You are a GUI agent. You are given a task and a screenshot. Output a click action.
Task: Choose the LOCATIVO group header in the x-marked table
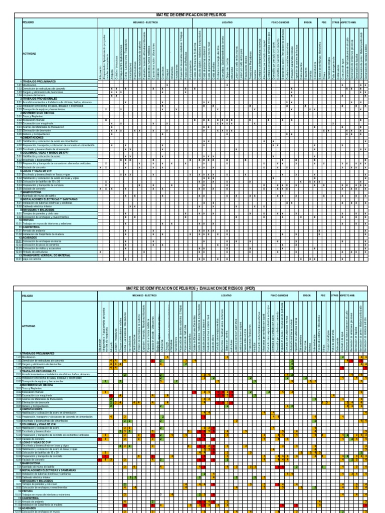[228, 23]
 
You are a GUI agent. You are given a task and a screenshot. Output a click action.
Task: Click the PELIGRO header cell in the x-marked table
[28, 23]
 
